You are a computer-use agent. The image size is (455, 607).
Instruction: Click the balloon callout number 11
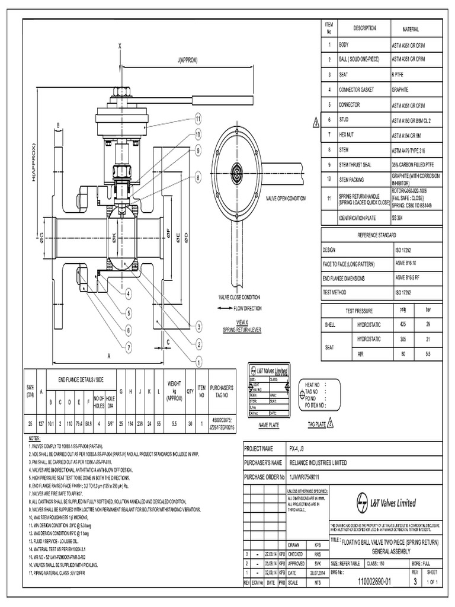coord(198,119)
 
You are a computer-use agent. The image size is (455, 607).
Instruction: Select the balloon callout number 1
coord(199,360)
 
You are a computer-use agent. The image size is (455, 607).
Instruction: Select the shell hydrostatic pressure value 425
coord(403,324)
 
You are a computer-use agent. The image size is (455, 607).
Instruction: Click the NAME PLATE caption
coord(270,424)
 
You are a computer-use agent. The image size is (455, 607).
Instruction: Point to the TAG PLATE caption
coord(316,424)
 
